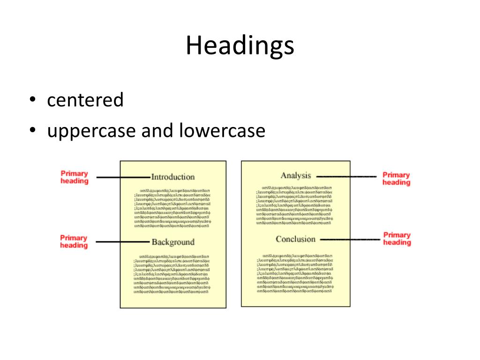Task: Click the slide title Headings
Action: [x=240, y=46]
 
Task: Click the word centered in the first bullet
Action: [x=85, y=100]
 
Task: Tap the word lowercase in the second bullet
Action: [x=222, y=131]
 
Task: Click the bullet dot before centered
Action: [x=32, y=100]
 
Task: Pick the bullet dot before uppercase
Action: [x=32, y=131]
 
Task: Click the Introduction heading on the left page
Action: [x=172, y=177]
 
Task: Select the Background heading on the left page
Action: [x=172, y=242]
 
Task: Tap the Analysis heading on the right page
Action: [x=295, y=175]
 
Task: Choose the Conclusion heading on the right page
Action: [x=295, y=239]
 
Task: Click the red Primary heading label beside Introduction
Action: [x=75, y=177]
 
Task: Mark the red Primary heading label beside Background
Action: [x=74, y=241]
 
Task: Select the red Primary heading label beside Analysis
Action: [x=396, y=179]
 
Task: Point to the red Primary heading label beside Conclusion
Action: [x=397, y=239]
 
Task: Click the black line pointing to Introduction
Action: [x=123, y=177]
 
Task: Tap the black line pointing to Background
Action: [x=123, y=242]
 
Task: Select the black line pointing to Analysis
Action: [x=346, y=176]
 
